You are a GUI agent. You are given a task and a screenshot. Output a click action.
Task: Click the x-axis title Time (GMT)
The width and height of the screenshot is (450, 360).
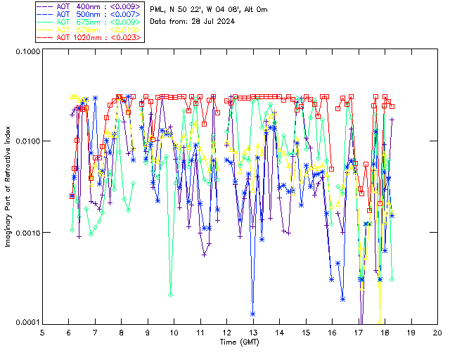click(239, 342)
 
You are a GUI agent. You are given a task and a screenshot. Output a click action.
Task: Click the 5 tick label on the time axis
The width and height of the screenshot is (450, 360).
click(42, 332)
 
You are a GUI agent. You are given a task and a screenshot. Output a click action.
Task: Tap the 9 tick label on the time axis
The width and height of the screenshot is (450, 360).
click(148, 332)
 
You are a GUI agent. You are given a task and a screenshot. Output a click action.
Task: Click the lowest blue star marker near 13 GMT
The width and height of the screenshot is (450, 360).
click(252, 314)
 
